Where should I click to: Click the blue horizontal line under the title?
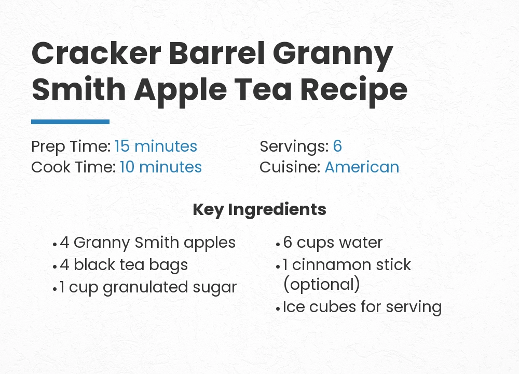click(x=70, y=122)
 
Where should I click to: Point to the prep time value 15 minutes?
click(x=156, y=146)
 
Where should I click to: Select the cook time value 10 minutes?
click(x=160, y=167)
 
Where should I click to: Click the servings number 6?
click(x=337, y=146)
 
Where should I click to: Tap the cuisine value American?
click(x=362, y=167)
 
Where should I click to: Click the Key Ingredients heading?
click(x=259, y=209)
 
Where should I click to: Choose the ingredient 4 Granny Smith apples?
click(x=147, y=243)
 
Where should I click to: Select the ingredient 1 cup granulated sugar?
click(x=148, y=287)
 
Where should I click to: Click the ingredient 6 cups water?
click(x=333, y=243)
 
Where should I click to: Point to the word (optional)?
click(x=321, y=285)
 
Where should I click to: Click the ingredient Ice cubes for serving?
click(x=362, y=307)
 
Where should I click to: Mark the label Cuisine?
click(x=290, y=167)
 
